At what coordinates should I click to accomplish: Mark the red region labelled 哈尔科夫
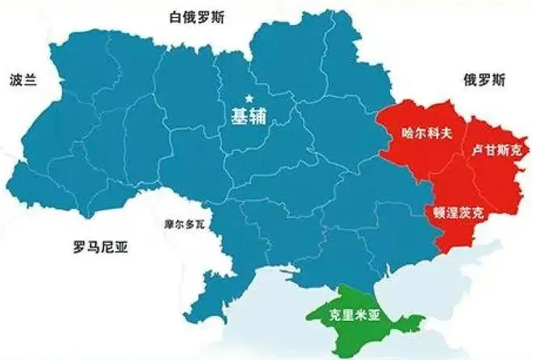[414, 154]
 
